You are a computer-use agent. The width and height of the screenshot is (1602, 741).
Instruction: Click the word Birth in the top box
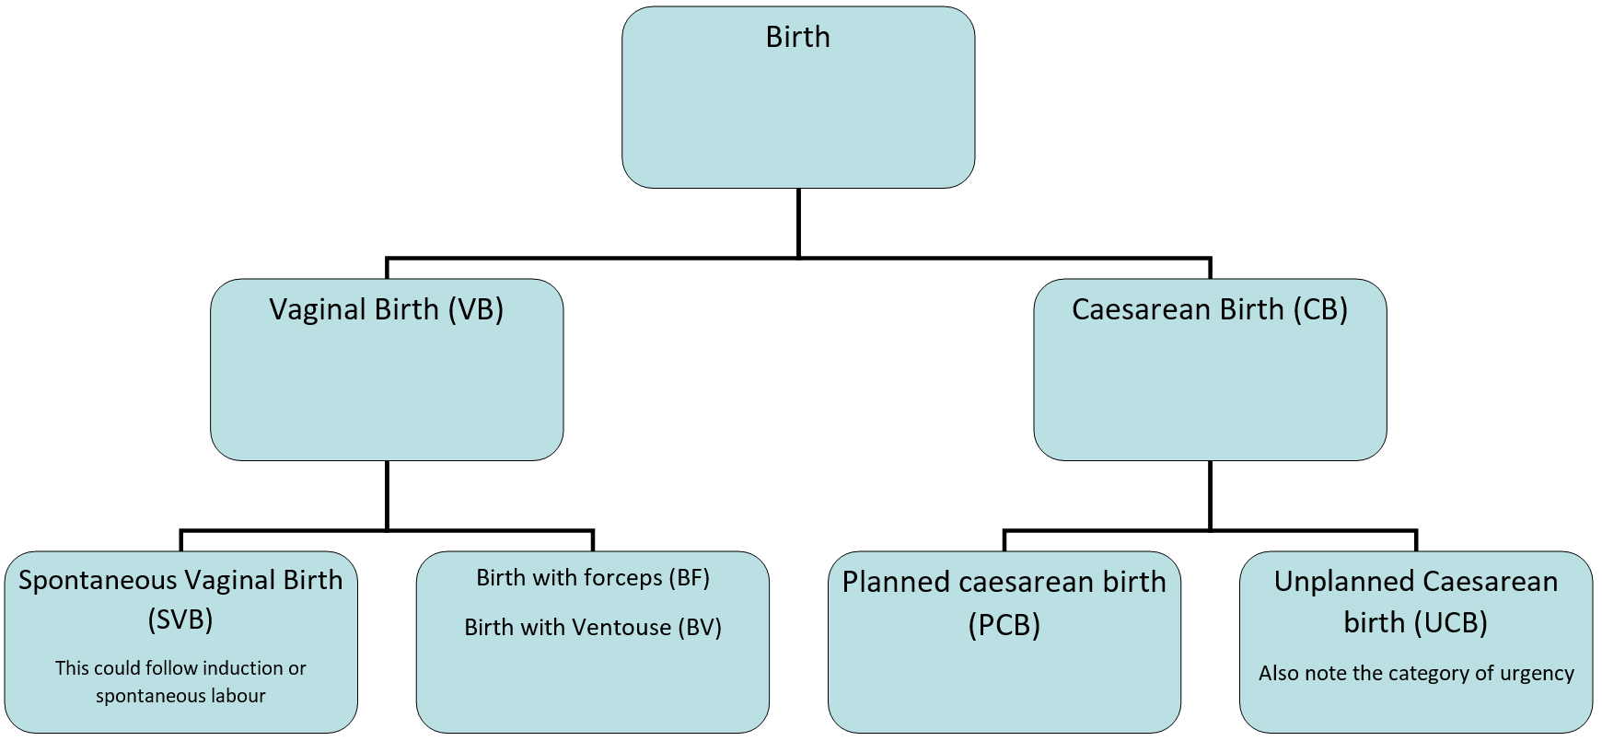pos(797,38)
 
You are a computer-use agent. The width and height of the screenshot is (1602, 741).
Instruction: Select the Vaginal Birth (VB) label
pos(386,310)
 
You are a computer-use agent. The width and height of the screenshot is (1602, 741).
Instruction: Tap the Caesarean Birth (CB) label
pos(1209,310)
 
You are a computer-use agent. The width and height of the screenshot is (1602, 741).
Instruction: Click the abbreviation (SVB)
pos(180,620)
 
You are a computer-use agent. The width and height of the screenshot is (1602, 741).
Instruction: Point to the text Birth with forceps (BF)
pos(592,578)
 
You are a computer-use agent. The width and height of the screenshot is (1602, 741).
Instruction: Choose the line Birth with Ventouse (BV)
pos(592,628)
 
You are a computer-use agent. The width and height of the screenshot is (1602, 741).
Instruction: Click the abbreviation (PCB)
pos(1004,626)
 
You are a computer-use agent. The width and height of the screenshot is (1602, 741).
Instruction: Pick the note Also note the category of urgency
pos(1416,674)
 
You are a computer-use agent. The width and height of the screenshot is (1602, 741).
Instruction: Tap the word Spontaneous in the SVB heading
pos(98,581)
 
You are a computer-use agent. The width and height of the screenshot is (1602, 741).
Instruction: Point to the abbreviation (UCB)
pos(1449,623)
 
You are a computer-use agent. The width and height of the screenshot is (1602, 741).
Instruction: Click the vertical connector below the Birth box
pos(797,223)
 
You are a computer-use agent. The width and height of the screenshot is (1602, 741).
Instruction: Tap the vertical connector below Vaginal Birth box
pos(387,495)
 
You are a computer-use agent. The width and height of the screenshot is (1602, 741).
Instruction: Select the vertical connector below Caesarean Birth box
pos(1210,495)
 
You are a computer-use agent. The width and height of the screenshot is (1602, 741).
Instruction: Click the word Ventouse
pos(620,628)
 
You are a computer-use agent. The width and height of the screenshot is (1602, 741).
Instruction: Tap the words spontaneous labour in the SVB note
pos(180,696)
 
